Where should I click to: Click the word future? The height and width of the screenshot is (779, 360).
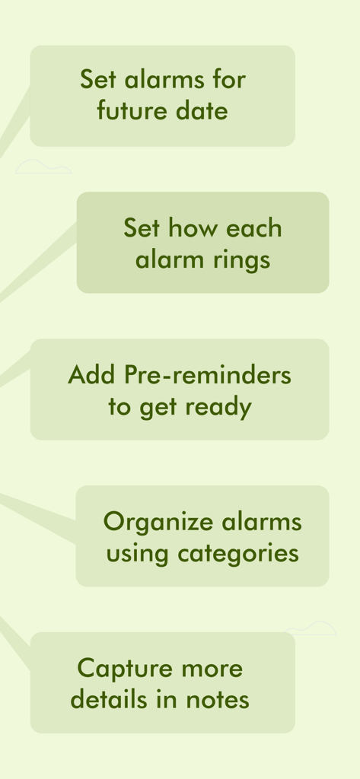(125, 111)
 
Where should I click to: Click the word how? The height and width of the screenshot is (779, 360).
(189, 228)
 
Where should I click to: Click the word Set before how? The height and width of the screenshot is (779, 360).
(142, 228)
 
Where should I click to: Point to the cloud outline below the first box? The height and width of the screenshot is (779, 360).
(43, 168)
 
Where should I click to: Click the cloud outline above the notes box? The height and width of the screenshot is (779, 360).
(311, 628)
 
